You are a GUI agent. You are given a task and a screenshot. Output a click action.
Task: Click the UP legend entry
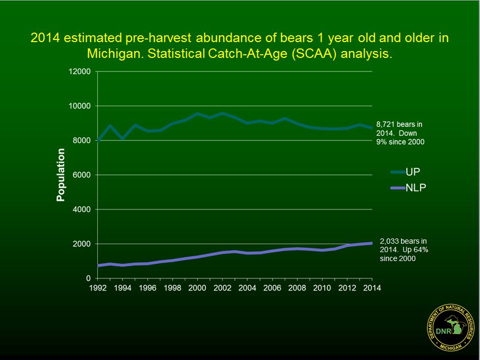pos(406,172)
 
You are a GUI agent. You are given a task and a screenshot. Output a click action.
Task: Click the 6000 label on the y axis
pos(82,175)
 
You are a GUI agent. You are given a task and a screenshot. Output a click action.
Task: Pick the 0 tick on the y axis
pos(88,278)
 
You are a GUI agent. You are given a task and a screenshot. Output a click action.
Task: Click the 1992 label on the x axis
pos(98,288)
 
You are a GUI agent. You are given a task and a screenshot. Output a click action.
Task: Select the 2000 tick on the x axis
pos(197,288)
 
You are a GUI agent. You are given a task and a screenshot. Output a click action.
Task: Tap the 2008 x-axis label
pos(297,288)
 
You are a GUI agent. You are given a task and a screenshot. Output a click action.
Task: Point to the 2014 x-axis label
pos(372,288)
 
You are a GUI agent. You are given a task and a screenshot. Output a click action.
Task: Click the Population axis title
pos(61,175)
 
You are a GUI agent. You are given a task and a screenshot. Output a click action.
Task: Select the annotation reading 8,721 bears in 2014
pos(398,133)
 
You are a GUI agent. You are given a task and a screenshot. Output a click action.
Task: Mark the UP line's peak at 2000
pos(197,113)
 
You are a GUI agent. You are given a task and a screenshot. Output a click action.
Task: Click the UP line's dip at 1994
pos(123,138)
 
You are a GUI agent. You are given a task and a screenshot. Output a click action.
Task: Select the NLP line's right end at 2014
pos(372,243)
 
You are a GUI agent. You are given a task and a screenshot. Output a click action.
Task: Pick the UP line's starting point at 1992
pos(98,141)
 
